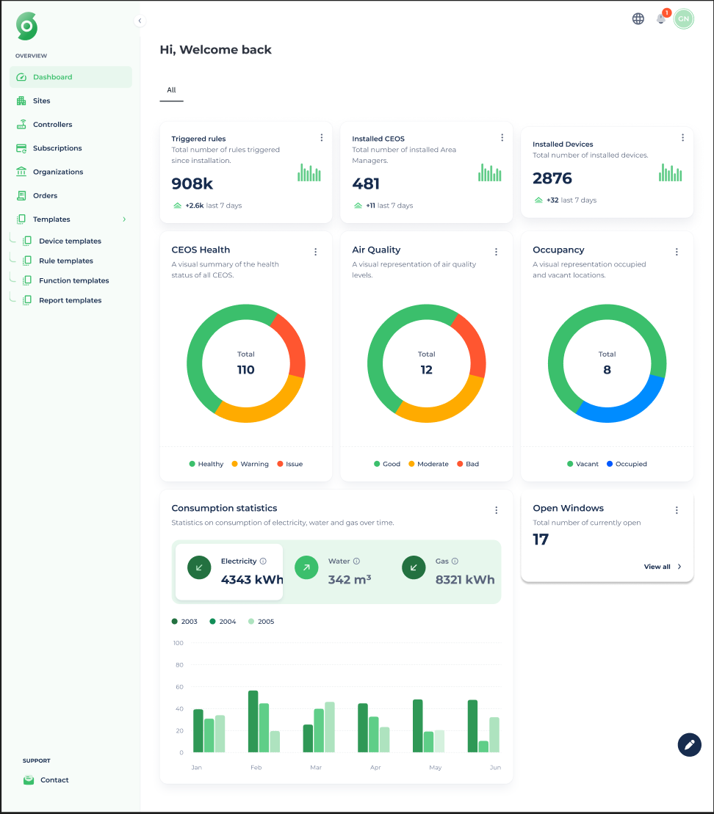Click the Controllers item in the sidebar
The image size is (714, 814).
pyautogui.click(x=52, y=125)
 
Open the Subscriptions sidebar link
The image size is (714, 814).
pyautogui.click(x=57, y=148)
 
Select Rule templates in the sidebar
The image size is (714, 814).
pyautogui.click(x=65, y=261)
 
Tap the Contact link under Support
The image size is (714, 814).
pyautogui.click(x=54, y=780)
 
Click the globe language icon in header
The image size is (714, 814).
pyautogui.click(x=638, y=19)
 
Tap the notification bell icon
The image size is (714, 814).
pyautogui.click(x=661, y=19)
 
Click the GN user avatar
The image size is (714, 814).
pyautogui.click(x=684, y=19)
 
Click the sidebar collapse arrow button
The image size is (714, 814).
pyautogui.click(x=140, y=21)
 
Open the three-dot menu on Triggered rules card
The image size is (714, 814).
pyautogui.click(x=322, y=138)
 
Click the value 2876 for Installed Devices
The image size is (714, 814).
pyautogui.click(x=552, y=178)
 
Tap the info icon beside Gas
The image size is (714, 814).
pyautogui.click(x=455, y=562)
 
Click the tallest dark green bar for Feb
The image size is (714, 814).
pyautogui.click(x=253, y=721)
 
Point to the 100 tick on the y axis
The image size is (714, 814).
pyautogui.click(x=178, y=643)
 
